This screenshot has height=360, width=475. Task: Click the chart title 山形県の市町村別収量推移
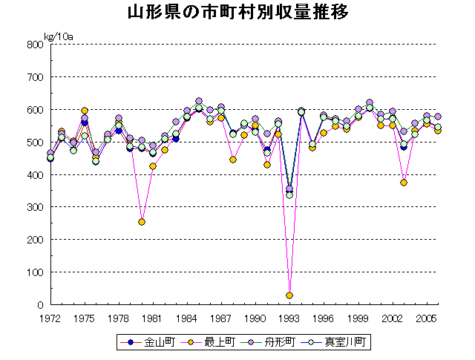tap(237, 13)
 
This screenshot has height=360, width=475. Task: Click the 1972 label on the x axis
tap(50, 318)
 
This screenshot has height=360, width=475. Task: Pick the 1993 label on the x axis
tap(289, 318)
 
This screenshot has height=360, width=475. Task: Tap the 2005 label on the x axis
tap(426, 318)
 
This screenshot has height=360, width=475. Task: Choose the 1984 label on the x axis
tap(187, 318)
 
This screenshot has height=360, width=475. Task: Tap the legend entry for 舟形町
tap(275, 342)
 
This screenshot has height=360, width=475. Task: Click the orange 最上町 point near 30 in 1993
tap(289, 295)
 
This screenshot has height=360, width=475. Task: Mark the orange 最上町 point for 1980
tap(142, 222)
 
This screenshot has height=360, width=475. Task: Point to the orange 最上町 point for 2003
tap(404, 183)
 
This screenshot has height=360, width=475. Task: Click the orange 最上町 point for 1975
tap(85, 111)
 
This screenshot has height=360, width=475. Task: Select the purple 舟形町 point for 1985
tap(199, 101)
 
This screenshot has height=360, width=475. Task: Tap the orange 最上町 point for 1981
tap(153, 166)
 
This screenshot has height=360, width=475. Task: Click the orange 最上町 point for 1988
tap(233, 160)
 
